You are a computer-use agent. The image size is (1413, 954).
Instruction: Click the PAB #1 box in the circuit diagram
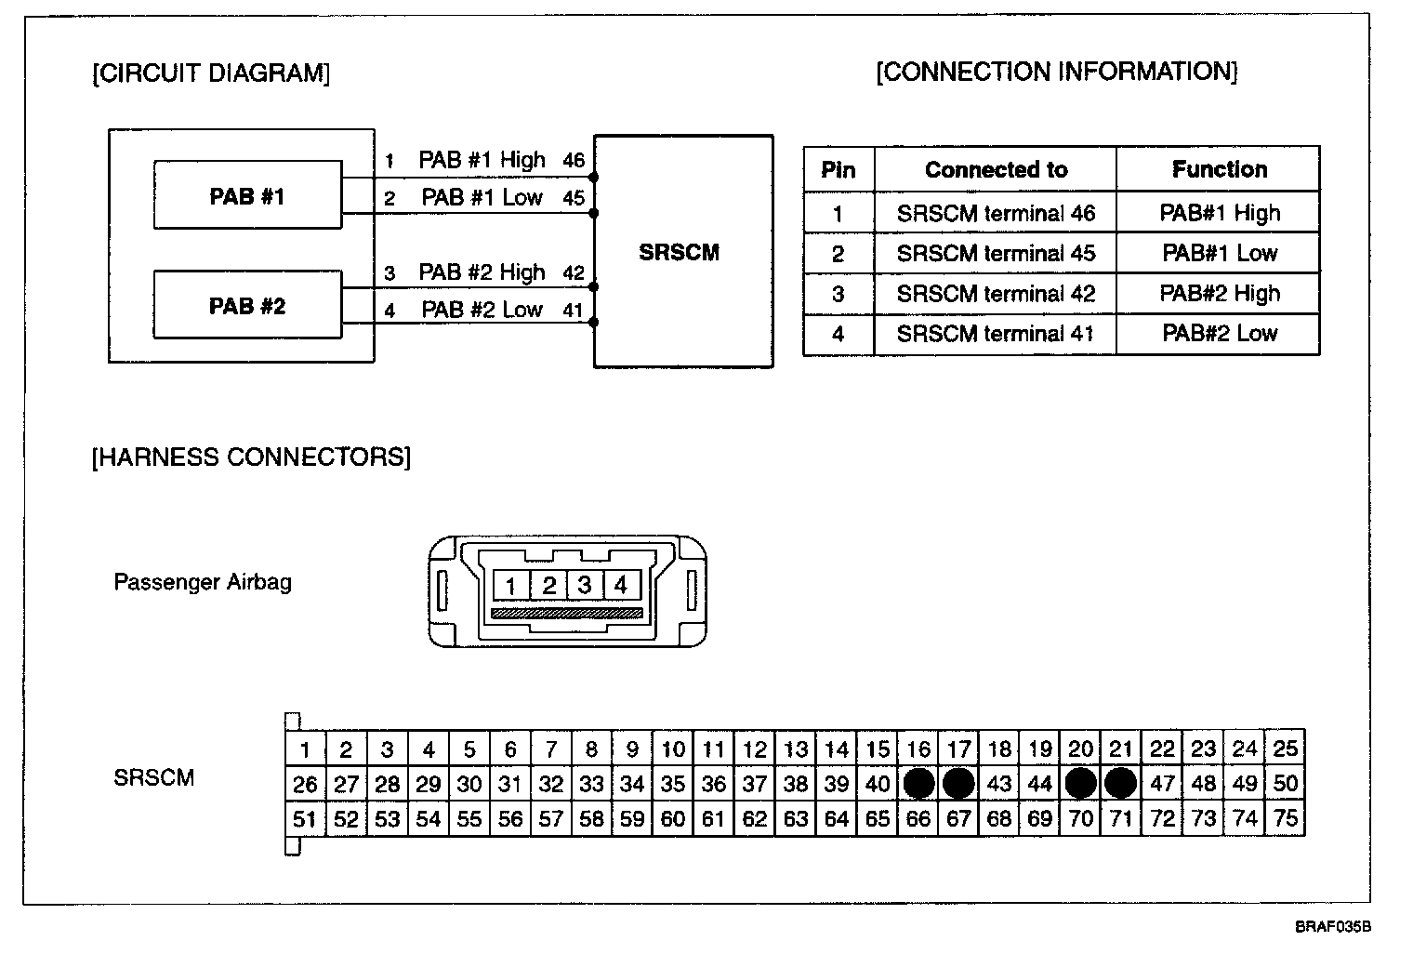click(247, 195)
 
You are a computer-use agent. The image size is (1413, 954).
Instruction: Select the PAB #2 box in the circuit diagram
click(247, 305)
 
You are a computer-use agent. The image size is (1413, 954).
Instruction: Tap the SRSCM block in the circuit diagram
click(682, 252)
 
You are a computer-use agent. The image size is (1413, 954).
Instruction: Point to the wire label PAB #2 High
click(482, 272)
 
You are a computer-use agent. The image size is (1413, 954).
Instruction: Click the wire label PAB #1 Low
click(482, 197)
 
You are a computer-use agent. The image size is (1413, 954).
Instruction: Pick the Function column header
click(1219, 169)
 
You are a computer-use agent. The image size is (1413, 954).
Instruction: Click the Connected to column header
click(996, 169)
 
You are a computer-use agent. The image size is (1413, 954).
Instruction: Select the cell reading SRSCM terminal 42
click(996, 294)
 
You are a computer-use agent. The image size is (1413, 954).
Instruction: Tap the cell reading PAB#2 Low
click(1219, 333)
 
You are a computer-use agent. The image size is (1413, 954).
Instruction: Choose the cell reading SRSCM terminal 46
click(996, 213)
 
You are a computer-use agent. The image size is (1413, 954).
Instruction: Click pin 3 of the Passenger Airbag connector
click(585, 585)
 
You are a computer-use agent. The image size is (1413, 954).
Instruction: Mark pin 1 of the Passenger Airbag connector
click(510, 586)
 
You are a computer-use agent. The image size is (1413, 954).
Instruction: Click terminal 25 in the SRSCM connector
click(1285, 749)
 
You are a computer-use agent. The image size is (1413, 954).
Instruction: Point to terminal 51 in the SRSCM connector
click(305, 819)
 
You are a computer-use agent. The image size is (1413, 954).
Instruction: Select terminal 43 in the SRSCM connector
click(999, 784)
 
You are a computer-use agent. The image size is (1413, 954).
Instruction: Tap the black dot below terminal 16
click(918, 784)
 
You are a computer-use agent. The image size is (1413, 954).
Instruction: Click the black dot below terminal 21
click(1121, 784)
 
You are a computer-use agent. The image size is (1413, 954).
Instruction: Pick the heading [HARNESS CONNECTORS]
click(251, 457)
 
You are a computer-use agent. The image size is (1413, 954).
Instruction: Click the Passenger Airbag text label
click(203, 582)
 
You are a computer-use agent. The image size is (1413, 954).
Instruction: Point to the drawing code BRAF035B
click(1333, 927)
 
